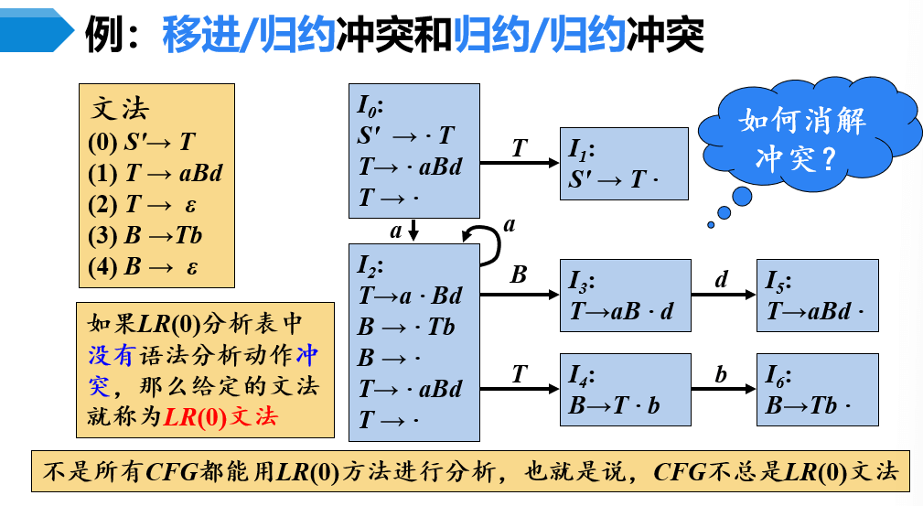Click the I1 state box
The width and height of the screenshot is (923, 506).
pos(624,164)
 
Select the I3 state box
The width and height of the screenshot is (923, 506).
pos(626,296)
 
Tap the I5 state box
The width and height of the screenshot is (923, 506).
pos(818,296)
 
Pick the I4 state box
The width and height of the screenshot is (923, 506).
pos(626,390)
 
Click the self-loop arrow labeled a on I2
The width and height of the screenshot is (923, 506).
pos(489,237)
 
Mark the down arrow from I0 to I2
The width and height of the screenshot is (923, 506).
pos(413,231)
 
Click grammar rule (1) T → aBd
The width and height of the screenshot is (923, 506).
pos(156,174)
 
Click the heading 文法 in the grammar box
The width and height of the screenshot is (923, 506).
pos(120,109)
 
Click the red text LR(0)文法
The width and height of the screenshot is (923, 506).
pos(220,416)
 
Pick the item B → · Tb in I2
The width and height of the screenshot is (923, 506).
pos(406,327)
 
